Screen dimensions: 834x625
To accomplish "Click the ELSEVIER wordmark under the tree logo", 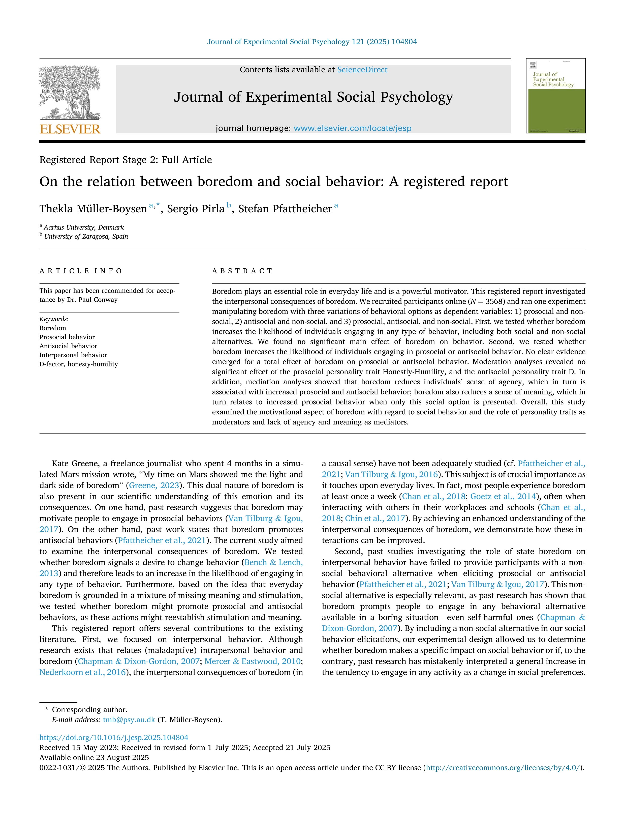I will [x=70, y=129].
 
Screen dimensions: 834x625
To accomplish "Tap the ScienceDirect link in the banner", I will [x=362, y=70].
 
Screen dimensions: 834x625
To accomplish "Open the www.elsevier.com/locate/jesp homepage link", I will [x=352, y=128].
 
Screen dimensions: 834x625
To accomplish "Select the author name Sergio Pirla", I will [x=196, y=209].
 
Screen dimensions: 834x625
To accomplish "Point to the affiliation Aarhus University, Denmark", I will [x=84, y=227].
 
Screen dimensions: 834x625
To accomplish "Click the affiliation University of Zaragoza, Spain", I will [x=86, y=236].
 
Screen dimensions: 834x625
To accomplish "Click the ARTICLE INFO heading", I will [x=81, y=271].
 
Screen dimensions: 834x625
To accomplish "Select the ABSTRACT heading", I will [x=242, y=271].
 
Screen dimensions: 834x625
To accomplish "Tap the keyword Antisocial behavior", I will [x=68, y=346].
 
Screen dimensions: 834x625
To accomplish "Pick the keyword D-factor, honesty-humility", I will [x=78, y=364].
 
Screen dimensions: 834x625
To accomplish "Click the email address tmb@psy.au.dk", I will [x=129, y=720].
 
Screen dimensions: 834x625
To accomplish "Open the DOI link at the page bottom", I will [x=114, y=737].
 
